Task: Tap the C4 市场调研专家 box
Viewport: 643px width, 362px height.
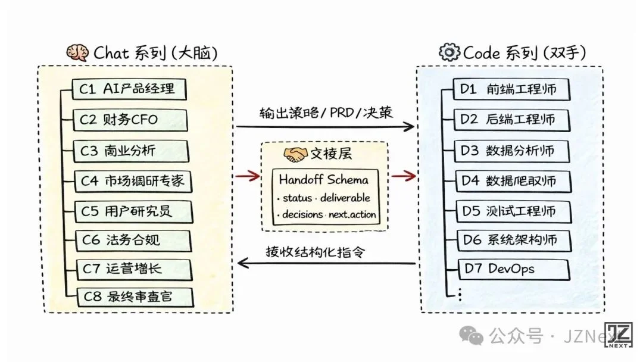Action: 132,180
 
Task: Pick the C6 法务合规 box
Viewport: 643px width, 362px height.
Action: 132,241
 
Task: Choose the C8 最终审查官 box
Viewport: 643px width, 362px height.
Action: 132,295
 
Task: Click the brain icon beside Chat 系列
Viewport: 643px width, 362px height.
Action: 77,52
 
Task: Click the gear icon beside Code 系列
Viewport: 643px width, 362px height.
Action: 449,52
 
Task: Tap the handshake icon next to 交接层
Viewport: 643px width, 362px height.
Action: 294,154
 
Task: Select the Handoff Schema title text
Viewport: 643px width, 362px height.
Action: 323,179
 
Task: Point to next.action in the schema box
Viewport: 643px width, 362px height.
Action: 352,214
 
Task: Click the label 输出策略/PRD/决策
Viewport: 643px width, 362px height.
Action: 326,113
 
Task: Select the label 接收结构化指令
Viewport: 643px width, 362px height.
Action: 315,251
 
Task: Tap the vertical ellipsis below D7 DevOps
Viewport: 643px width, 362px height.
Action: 459,294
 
